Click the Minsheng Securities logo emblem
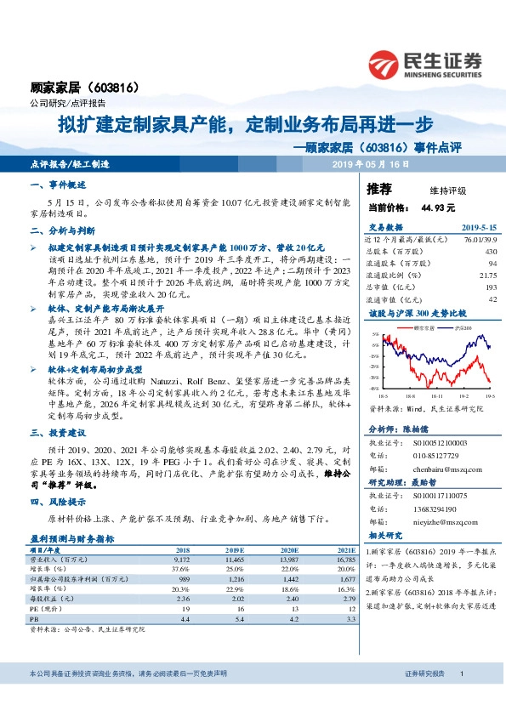(387, 62)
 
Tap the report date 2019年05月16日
(371, 163)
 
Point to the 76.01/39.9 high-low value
(480, 240)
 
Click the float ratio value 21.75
(487, 276)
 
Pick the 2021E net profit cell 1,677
(345, 577)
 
